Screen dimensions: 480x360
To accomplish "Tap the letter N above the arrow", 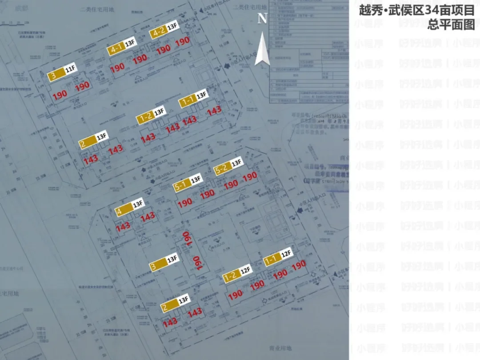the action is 263,18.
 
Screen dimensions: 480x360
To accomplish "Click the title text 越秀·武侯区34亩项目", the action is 417,11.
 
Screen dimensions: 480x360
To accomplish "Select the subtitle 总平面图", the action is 451,24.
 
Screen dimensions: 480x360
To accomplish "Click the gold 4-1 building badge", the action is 115,49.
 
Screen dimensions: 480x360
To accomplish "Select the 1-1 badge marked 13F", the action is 187,101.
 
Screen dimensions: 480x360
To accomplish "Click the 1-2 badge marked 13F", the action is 144,118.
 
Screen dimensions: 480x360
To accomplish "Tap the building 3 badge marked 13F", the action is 158,266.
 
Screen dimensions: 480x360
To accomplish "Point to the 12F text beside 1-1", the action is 285,254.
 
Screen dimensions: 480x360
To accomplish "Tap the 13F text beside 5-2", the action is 236,163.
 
